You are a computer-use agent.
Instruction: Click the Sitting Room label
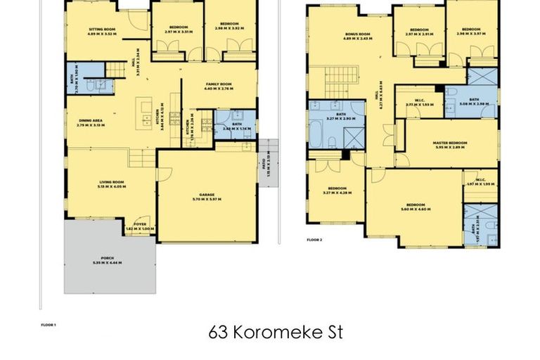tap(102, 29)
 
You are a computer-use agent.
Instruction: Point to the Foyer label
tap(141, 224)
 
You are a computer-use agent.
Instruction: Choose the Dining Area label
tap(90, 120)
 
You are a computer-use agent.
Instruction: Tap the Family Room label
tap(218, 84)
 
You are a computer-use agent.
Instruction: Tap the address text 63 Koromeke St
tap(276, 333)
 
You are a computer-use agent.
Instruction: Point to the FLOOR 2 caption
tap(314, 240)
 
